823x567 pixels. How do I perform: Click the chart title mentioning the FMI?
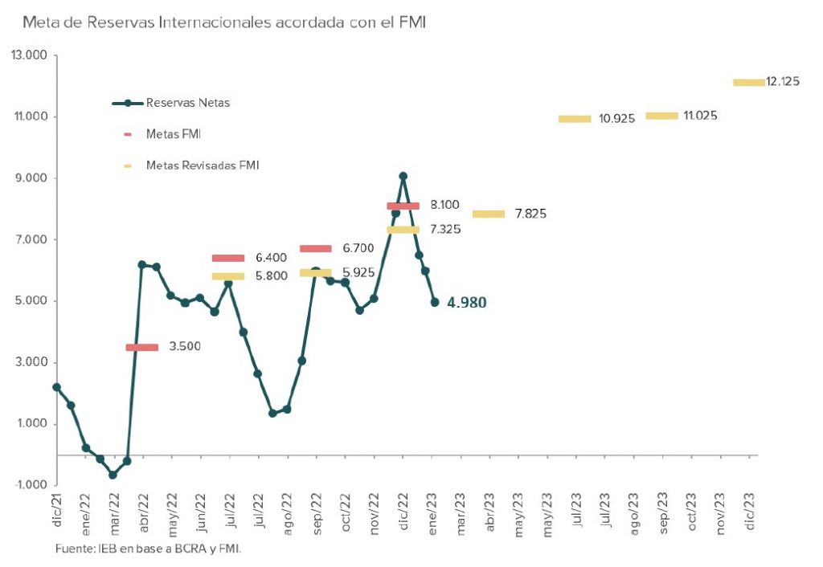point(223,22)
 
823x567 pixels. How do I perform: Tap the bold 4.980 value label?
point(467,303)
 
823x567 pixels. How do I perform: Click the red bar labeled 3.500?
point(141,348)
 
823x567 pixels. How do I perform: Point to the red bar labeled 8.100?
point(403,206)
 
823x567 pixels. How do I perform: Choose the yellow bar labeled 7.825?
point(489,214)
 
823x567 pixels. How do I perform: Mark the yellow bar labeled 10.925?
point(575,119)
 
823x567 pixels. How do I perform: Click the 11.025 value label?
point(700,116)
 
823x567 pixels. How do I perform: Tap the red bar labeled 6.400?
point(228,258)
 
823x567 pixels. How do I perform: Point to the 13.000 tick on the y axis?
point(30,55)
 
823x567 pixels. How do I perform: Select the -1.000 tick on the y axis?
point(30,485)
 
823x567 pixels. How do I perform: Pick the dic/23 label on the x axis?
point(751,512)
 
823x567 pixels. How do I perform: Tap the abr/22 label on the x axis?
point(142,512)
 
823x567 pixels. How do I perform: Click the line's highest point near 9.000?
point(403,176)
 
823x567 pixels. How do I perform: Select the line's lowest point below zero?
point(113,475)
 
